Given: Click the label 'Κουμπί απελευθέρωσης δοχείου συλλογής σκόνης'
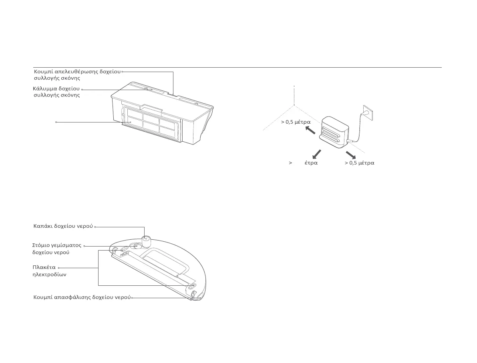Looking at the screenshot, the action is (77, 74).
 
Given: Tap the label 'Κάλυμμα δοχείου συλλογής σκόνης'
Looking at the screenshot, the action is (56, 92).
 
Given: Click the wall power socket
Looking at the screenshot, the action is (368, 112).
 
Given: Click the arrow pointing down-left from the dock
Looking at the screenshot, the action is (316, 154).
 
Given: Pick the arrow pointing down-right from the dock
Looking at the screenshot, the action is (350, 154).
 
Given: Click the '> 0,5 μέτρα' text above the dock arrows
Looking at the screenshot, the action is (296, 122).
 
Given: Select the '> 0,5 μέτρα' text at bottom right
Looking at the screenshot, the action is (359, 163).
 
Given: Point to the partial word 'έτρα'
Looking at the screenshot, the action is (311, 163).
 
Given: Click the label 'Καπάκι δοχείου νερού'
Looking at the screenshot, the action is (63, 226).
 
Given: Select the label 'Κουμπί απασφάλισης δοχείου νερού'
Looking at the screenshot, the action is (82, 297).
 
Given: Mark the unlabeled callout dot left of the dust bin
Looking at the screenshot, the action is (56, 122).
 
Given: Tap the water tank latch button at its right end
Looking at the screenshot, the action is (194, 296).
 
